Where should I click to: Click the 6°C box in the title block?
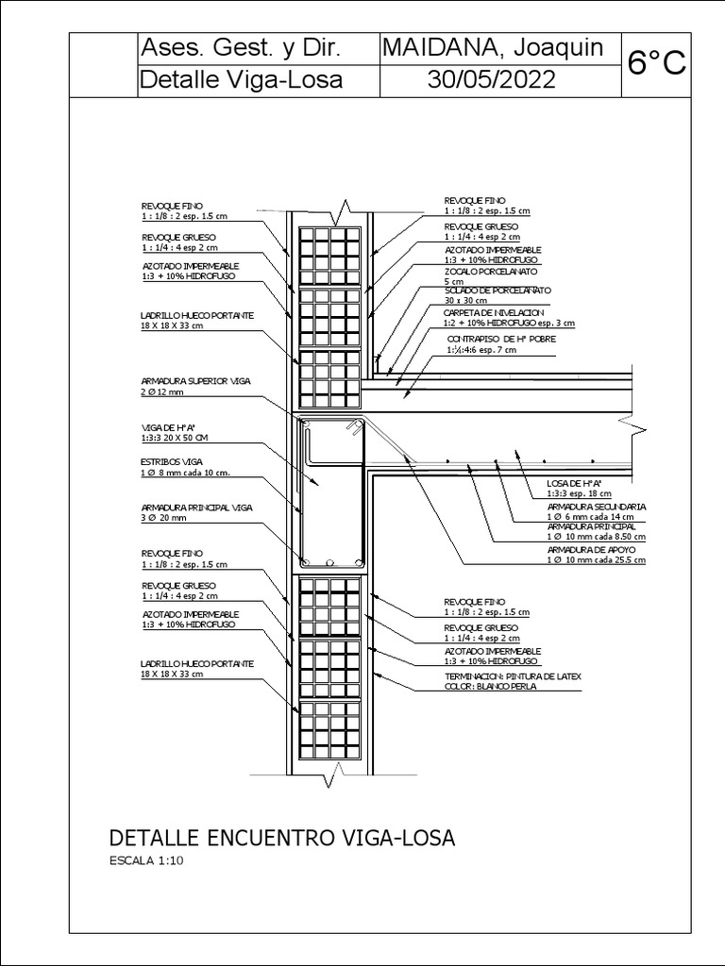[656, 63]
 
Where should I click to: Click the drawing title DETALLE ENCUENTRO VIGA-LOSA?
[283, 838]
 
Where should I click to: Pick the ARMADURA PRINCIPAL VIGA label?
[197, 507]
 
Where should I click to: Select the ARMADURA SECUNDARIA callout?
[596, 507]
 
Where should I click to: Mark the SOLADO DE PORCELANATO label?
[497, 290]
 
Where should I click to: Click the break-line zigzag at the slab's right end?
[641, 431]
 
